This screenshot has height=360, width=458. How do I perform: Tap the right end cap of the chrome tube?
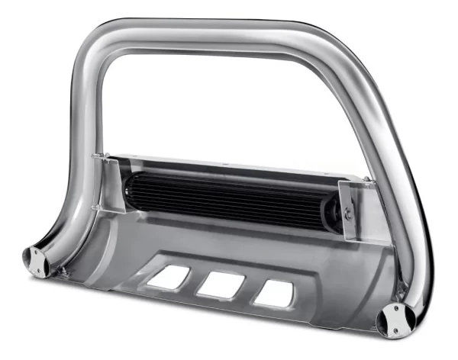tap(396, 320)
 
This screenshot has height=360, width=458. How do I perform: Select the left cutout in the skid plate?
tap(169, 277)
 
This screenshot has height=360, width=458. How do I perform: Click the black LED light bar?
tap(229, 198)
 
